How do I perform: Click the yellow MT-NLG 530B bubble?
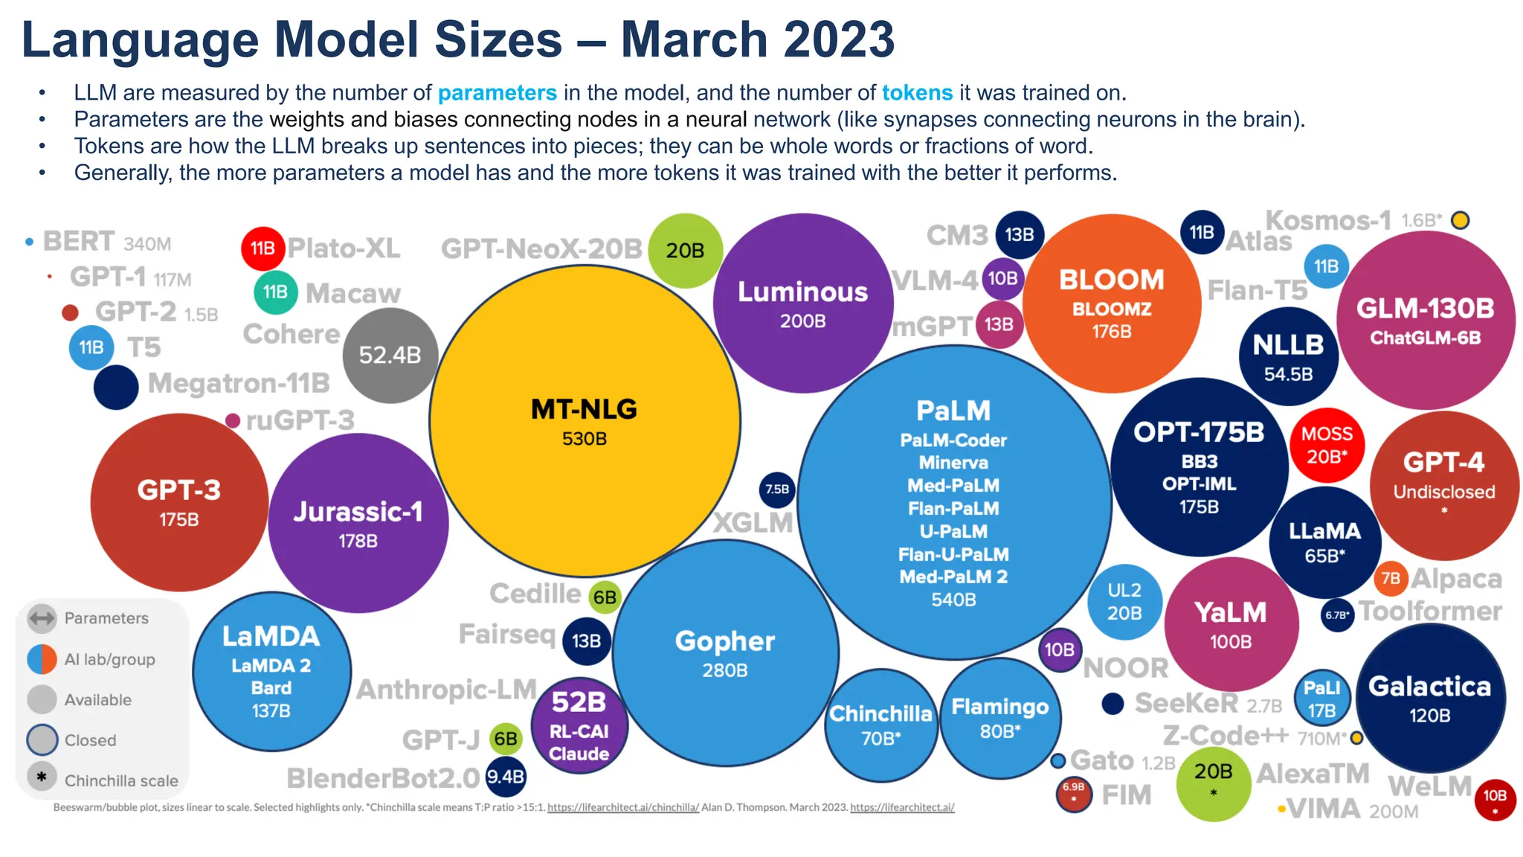coord(585,421)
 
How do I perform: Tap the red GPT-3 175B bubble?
coord(179,503)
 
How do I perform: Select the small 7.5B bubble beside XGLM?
coord(777,490)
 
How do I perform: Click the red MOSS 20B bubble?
coord(1327,445)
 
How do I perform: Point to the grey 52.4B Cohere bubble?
coord(390,356)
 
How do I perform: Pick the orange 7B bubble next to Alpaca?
coord(1391,579)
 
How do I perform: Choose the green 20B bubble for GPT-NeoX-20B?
coord(685,251)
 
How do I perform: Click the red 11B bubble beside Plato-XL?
coord(263,248)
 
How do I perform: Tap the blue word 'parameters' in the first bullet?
coord(497,93)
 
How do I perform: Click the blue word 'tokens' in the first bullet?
coord(917,93)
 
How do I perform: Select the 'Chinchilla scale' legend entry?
coord(121,780)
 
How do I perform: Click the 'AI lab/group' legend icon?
coord(42,659)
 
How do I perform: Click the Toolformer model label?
coord(1431,612)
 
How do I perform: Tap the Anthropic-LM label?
coord(446,690)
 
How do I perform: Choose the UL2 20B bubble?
coord(1124,602)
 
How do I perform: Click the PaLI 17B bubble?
coord(1322,699)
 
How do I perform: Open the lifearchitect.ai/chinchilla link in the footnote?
coord(623,807)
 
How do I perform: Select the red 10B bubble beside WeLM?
coord(1495,800)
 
